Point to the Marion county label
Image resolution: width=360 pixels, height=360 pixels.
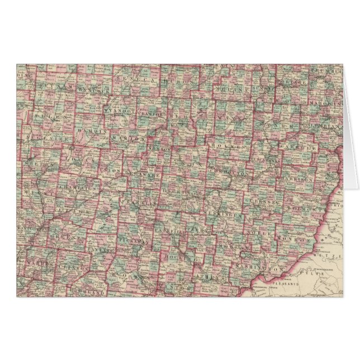click(124, 138)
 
